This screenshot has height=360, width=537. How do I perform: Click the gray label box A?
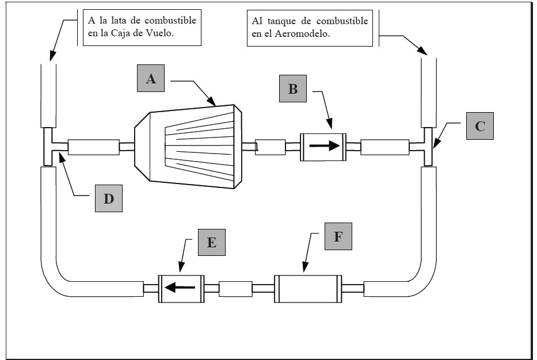pyautogui.click(x=151, y=79)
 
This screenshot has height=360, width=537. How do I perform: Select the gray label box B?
pyautogui.click(x=293, y=89)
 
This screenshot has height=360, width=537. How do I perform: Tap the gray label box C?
pyautogui.click(x=479, y=127)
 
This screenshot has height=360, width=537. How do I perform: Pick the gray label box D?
pyautogui.click(x=109, y=198)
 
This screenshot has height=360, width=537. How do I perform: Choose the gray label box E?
pyautogui.click(x=211, y=242)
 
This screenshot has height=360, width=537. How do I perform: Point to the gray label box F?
pyautogui.click(x=338, y=236)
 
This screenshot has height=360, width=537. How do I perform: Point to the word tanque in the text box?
pyautogui.click(x=280, y=21)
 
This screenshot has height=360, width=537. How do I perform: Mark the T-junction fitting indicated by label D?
pyautogui.click(x=48, y=147)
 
